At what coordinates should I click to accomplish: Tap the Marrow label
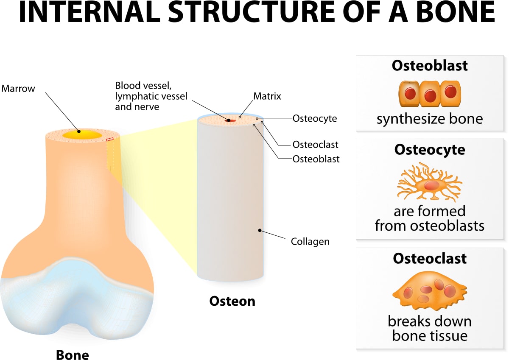click(18, 89)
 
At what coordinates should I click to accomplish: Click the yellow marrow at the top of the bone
click(82, 134)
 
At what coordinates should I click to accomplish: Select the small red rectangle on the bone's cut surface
click(110, 139)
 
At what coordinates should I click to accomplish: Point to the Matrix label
click(267, 96)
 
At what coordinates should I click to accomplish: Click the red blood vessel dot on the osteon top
click(229, 120)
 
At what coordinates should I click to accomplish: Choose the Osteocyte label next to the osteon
click(314, 119)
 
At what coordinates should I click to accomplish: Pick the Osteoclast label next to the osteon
click(315, 145)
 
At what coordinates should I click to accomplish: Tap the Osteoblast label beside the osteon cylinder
click(316, 159)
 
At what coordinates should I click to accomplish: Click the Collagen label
click(310, 242)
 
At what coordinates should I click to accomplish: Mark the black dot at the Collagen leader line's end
click(259, 231)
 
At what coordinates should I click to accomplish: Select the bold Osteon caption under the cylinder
click(232, 301)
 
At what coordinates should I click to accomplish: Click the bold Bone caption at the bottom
click(73, 354)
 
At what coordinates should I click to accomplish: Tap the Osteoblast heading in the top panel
click(429, 65)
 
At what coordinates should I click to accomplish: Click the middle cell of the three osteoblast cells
click(430, 93)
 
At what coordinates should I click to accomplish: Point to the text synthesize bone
click(429, 119)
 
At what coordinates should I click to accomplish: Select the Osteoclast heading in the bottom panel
click(429, 258)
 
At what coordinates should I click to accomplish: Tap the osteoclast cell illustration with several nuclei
click(429, 293)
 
